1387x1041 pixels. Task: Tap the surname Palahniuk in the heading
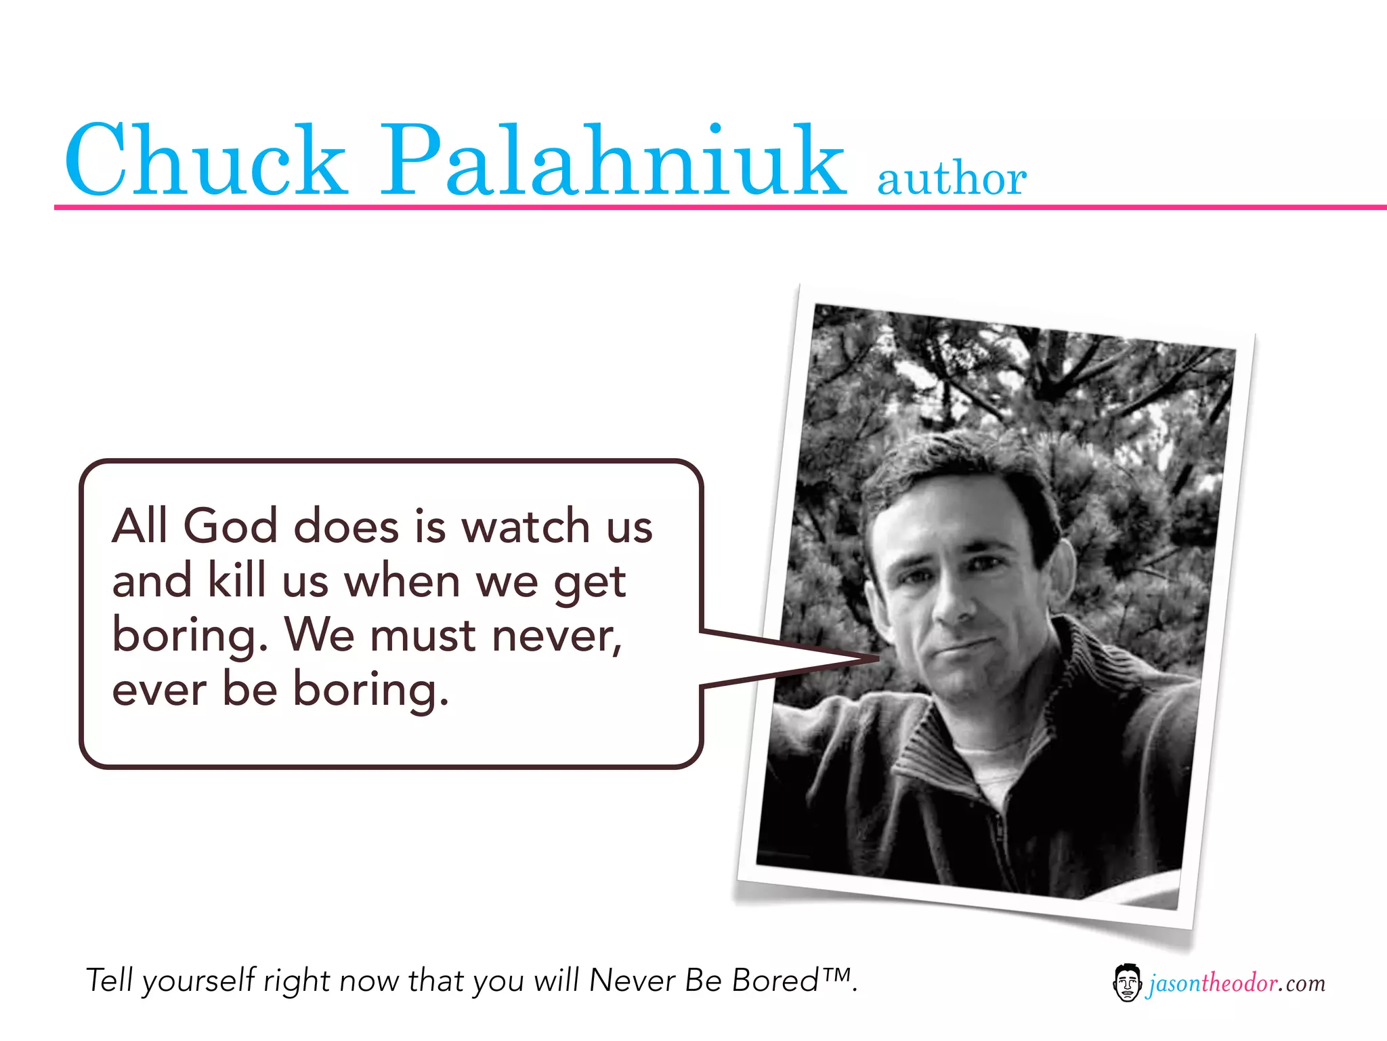[613, 161]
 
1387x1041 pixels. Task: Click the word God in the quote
[230, 526]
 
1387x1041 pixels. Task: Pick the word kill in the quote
[236, 580]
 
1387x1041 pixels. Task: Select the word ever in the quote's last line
[159, 690]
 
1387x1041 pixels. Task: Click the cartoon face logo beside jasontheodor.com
[1126, 983]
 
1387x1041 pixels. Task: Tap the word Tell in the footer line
[108, 981]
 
